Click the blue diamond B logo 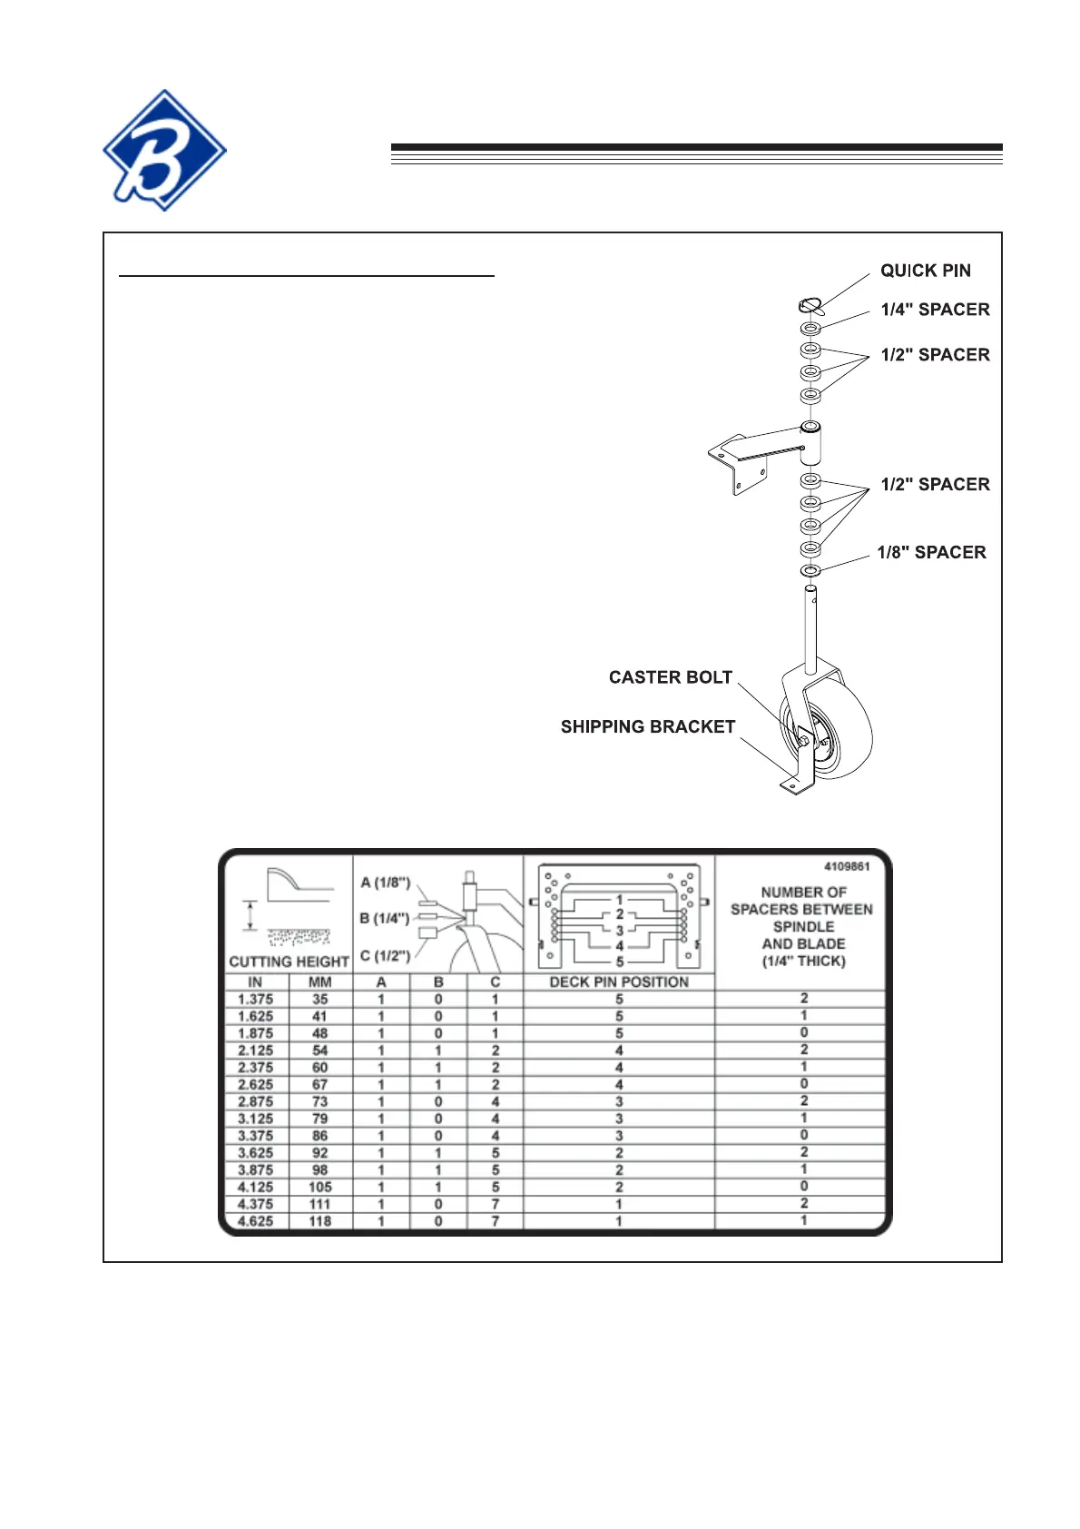coord(164,150)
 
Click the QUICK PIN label coord(925,271)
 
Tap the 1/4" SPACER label coord(935,310)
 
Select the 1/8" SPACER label coord(931,553)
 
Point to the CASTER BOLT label coord(671,677)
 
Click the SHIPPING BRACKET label coord(648,727)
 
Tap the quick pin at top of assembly coord(811,306)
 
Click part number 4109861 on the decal coord(847,866)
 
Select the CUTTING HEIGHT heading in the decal coord(290,962)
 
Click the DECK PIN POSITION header coord(619,982)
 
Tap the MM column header coord(320,982)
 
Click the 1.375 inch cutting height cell coord(255,1000)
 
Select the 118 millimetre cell coord(320,1221)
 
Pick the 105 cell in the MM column coord(320,1187)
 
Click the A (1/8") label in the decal coord(386,883)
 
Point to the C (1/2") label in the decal coord(386,955)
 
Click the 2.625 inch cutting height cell coord(255,1085)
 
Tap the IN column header coord(255,982)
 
